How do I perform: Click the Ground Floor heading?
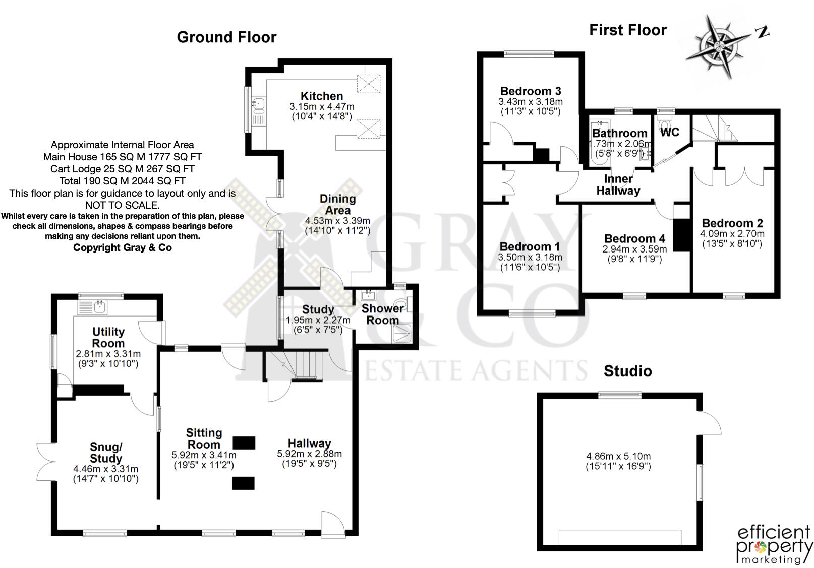point(226,37)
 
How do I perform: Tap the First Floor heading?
point(627,30)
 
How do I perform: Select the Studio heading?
point(627,371)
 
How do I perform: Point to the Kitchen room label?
point(322,96)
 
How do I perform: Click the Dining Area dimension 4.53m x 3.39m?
point(337,221)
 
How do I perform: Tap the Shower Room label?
point(382,314)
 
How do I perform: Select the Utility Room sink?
point(93,306)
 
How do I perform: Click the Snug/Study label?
point(106,452)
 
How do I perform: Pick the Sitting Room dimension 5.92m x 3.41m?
point(204,455)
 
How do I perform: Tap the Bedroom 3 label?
point(530,91)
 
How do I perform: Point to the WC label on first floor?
point(669,133)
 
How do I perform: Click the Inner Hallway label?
point(618,185)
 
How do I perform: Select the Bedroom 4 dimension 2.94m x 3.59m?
point(634,249)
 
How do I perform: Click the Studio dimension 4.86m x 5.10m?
point(618,456)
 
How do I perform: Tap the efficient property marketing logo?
point(774,544)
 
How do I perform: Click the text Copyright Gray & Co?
point(122,247)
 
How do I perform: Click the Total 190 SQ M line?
point(122,181)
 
